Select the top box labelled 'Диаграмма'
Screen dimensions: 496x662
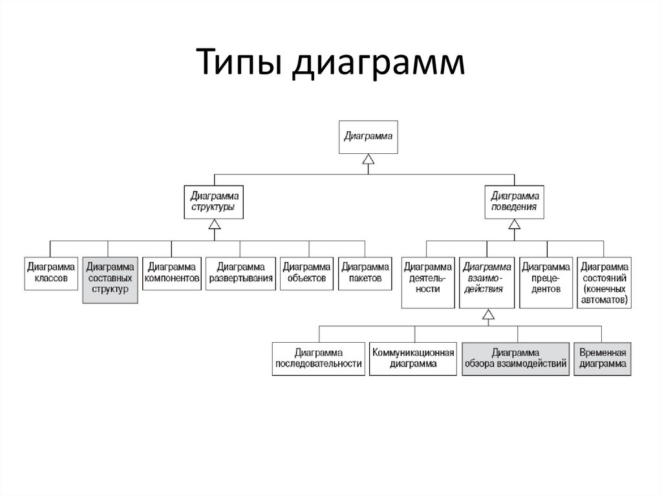pos(368,137)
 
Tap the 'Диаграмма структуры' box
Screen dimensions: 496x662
pos(213,202)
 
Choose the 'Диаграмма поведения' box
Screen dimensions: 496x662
pos(514,202)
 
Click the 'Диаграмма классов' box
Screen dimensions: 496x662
pos(51,273)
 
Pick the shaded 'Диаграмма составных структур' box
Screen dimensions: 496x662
pos(110,279)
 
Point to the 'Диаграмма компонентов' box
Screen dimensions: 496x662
pos(171,273)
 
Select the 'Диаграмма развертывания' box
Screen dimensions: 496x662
pos(240,273)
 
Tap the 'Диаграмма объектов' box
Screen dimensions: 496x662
pos(306,273)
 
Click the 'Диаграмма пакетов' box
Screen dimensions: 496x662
pos(365,273)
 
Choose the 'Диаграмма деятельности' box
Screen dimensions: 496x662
pos(427,278)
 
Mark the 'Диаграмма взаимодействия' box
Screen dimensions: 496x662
pos(488,278)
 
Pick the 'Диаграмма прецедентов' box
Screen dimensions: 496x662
pos(546,278)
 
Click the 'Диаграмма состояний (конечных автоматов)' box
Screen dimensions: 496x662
pos(604,283)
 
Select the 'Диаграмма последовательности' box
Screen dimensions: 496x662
pos(319,358)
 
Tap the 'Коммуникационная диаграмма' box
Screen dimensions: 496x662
pos(413,358)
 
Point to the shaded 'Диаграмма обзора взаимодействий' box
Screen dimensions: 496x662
pos(516,358)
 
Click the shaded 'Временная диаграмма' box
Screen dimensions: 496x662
pos(603,358)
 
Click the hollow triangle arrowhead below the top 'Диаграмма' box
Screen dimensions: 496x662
pos(368,160)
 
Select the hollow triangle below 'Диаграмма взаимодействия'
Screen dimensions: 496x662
pos(488,315)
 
